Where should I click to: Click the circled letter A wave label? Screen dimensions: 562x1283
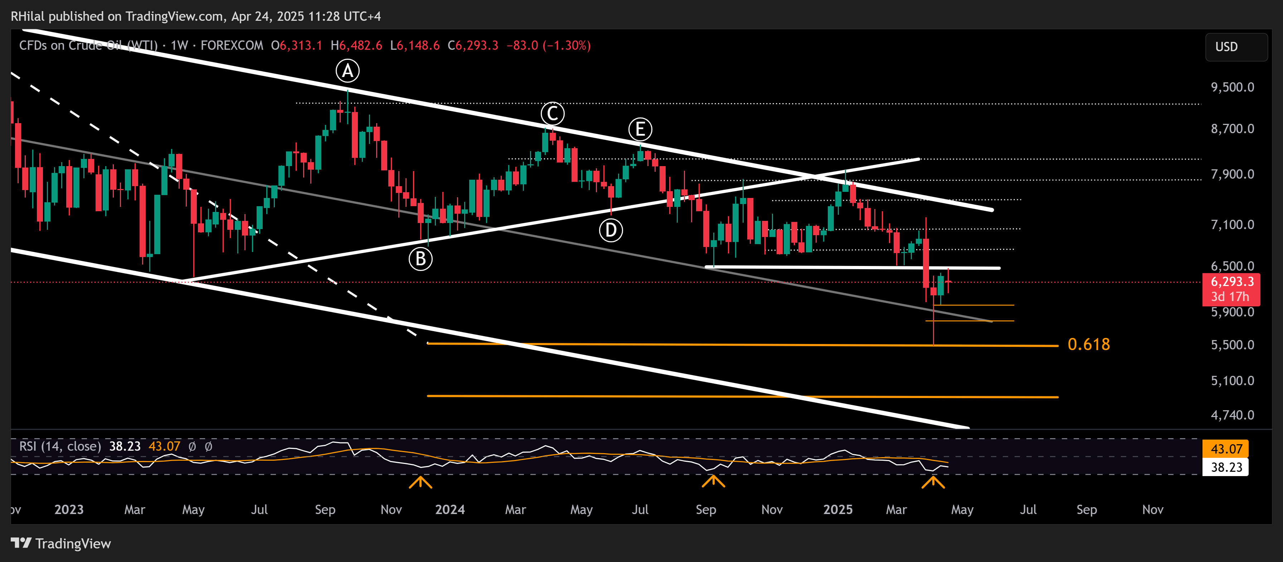pos(347,71)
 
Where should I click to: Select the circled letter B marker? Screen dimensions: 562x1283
pos(421,259)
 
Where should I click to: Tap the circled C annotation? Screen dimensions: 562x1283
pos(552,113)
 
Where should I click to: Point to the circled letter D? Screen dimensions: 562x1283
pos(611,231)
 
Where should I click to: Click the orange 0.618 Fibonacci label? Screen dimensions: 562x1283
pos(1088,344)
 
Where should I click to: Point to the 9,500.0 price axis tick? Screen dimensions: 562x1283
pos(1232,87)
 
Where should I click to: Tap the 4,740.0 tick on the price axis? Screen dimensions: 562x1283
pos(1232,415)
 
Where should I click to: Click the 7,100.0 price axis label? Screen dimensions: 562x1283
pos(1232,225)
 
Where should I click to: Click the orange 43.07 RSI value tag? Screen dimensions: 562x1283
pos(1226,449)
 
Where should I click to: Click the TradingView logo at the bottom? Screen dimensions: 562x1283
pos(61,543)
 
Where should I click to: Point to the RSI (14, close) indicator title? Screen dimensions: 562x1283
pos(60,446)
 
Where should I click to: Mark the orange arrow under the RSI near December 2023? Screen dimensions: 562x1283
pos(421,482)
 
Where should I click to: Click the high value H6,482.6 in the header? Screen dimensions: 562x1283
pos(356,46)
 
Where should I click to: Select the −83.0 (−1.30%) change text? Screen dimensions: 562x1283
pos(548,46)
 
